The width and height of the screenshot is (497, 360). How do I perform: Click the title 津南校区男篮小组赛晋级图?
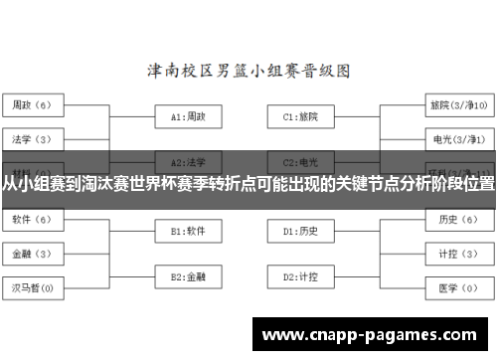248,72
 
